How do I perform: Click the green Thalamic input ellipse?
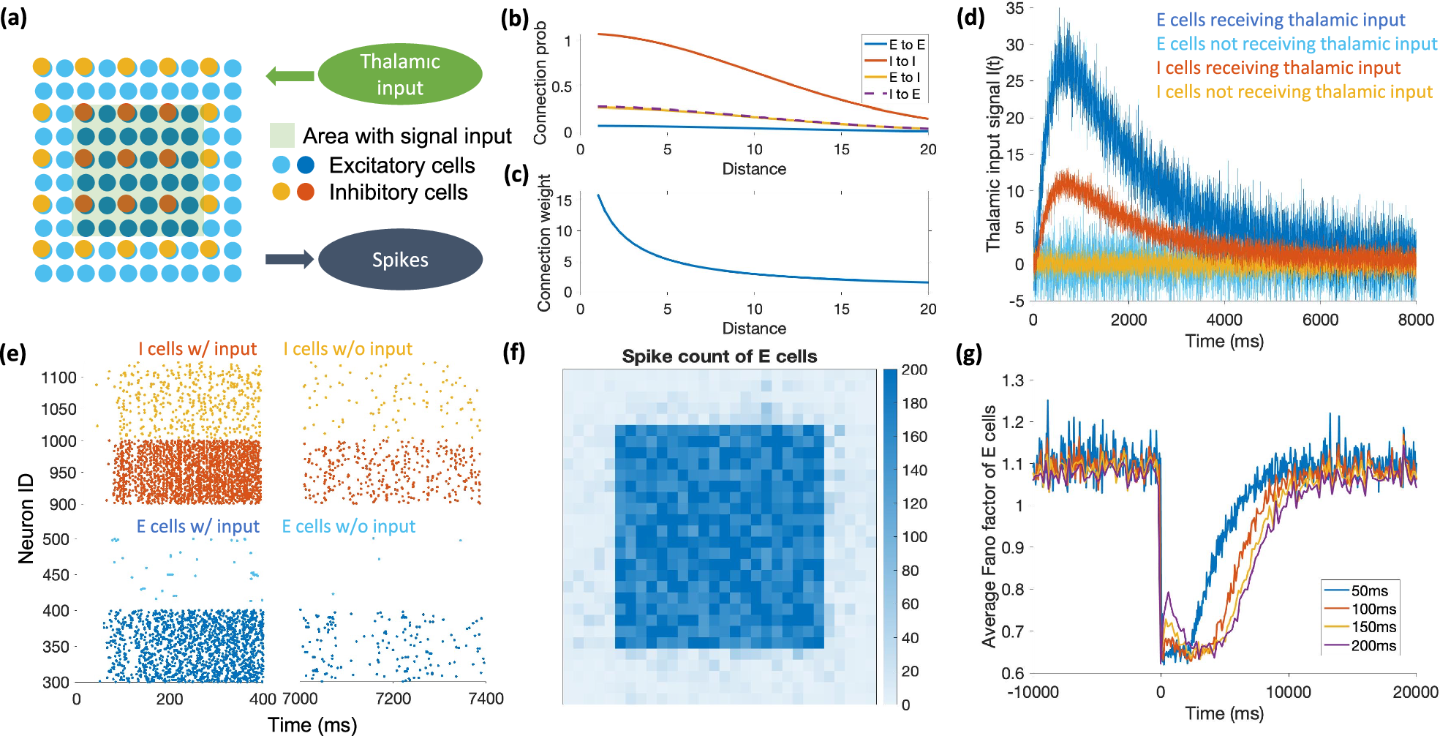tap(400, 74)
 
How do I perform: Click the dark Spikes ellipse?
tap(400, 260)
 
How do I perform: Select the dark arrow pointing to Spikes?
tap(290, 259)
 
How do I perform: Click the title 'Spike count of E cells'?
tap(719, 356)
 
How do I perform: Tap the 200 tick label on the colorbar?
tap(914, 370)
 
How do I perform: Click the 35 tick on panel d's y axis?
tap(1014, 9)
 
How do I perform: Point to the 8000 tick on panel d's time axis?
tap(1415, 320)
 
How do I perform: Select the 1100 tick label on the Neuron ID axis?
tap(59, 378)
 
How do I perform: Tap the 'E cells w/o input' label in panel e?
tap(348, 526)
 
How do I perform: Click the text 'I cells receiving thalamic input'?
tap(1278, 68)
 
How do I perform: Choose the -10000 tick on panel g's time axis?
tap(1033, 692)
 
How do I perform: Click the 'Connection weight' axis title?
tap(544, 243)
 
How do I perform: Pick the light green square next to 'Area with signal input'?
tap(282, 135)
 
